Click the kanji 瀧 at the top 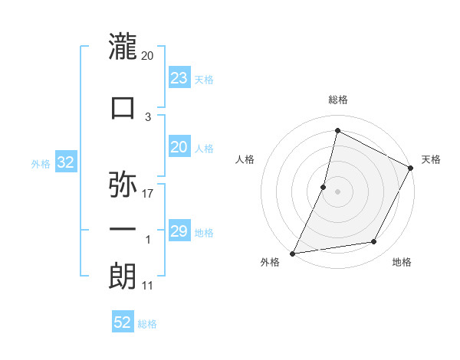[123, 47]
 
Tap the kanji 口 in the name [123, 107]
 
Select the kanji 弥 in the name [123, 185]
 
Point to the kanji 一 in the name [123, 229]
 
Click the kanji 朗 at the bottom [123, 277]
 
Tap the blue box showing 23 [179, 78]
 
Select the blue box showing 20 [179, 148]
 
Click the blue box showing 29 [179, 231]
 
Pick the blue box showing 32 [64, 162]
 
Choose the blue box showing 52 [123, 322]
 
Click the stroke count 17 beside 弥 [148, 193]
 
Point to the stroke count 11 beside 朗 [148, 286]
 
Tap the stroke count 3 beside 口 [148, 116]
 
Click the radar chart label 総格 [337, 100]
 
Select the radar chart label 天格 [431, 159]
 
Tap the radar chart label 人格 [245, 159]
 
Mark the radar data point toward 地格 [374, 242]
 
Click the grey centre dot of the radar [337, 191]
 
